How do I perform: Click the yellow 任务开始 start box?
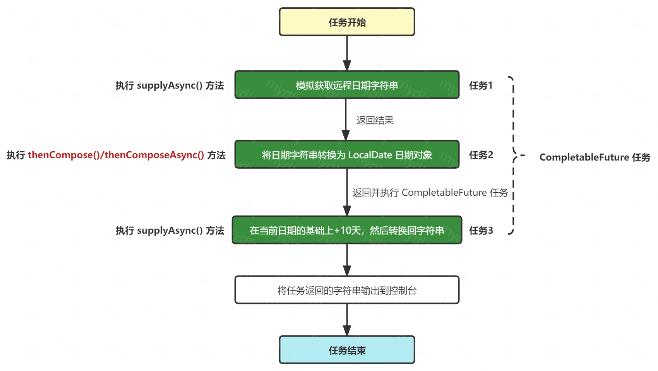[x=347, y=22]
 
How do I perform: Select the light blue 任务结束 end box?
[x=347, y=350]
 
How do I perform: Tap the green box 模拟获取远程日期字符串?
[x=347, y=85]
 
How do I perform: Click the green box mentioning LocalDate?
[x=347, y=155]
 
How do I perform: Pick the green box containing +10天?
[x=347, y=230]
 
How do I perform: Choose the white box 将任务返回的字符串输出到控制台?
[x=347, y=290]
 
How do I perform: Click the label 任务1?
[x=481, y=85]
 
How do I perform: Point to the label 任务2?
[x=481, y=155]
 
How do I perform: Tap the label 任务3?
[x=481, y=231]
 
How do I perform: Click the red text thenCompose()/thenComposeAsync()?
[x=116, y=155]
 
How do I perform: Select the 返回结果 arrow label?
[x=375, y=120]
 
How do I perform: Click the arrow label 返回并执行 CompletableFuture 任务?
[x=430, y=192]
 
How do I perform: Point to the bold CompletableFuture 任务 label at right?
[x=595, y=157]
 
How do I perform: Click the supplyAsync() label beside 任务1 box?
[x=170, y=85]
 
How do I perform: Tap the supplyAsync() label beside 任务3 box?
[x=170, y=231]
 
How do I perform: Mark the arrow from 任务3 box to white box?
[x=347, y=260]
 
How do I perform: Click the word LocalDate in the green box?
[x=370, y=155]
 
